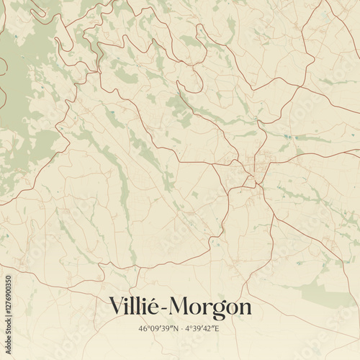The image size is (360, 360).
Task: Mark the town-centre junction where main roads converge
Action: [251, 172]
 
